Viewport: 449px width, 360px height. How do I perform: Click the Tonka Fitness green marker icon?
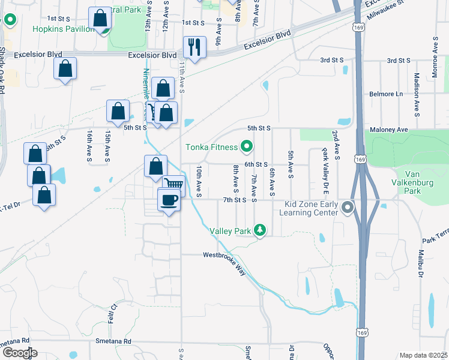246,146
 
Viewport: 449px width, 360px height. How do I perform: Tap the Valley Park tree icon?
259,230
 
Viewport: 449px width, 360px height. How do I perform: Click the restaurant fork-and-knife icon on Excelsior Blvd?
194,47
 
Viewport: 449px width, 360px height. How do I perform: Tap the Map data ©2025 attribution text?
423,355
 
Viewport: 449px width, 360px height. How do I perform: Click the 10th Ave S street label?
199,182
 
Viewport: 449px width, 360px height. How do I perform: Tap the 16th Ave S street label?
89,146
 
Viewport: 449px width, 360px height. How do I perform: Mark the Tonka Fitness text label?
212,146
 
